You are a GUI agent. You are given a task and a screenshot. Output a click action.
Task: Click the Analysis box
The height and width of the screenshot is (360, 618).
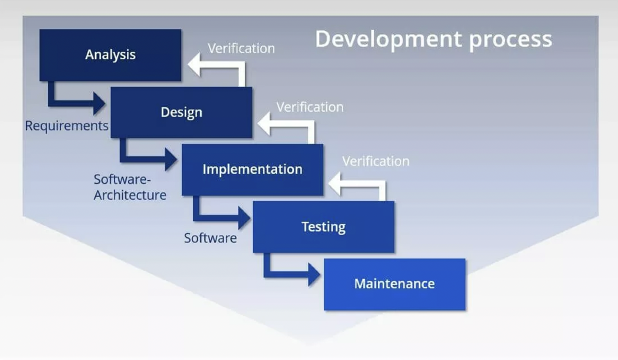click(110, 55)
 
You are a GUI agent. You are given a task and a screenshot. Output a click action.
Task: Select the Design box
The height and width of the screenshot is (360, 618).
click(181, 113)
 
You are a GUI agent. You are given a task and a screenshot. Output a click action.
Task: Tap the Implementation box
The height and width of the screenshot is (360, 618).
click(252, 170)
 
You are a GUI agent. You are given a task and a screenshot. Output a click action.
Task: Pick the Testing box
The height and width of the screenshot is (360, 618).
click(324, 227)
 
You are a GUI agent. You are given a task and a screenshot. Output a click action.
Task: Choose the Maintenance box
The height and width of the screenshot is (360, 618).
click(395, 284)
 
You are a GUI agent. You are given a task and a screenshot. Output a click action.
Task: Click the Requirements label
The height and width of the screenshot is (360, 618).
click(66, 126)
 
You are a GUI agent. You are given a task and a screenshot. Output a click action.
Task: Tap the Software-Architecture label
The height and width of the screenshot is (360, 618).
click(130, 187)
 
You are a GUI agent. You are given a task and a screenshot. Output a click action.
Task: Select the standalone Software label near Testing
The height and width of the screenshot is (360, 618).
click(211, 238)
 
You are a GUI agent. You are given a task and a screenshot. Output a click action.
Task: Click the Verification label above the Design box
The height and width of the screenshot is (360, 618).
click(241, 49)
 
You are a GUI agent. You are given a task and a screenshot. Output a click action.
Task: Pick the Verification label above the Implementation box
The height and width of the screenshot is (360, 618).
click(310, 107)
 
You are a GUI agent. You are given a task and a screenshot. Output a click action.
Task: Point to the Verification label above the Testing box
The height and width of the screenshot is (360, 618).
click(376, 161)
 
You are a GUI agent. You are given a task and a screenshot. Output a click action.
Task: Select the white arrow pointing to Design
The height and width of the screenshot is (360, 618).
click(290, 124)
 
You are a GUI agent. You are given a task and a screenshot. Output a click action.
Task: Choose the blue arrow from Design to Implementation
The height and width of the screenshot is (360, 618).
click(143, 159)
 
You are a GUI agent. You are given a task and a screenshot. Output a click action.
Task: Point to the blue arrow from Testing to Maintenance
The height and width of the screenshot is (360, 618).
click(287, 275)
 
